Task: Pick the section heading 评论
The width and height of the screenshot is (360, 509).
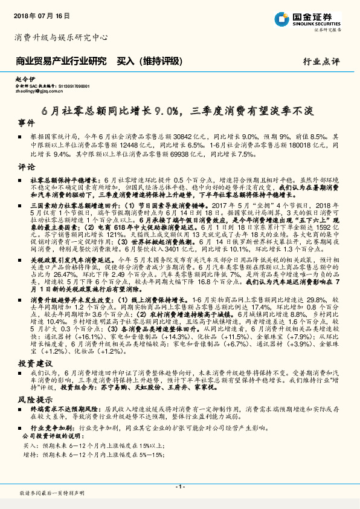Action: (x=27, y=167)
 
